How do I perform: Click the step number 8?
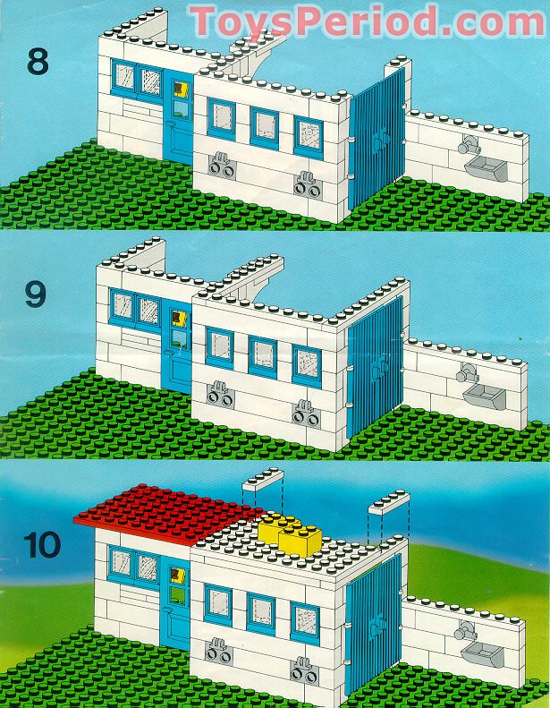(38, 62)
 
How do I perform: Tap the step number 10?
(42, 544)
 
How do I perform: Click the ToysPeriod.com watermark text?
(368, 21)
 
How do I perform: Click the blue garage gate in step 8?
(377, 138)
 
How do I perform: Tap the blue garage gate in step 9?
(376, 367)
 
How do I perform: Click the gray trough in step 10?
(482, 654)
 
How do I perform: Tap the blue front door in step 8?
(178, 118)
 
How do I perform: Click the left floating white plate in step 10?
(263, 480)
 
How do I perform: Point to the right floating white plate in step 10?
(389, 502)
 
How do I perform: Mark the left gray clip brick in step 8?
(222, 166)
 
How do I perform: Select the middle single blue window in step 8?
(265, 128)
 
